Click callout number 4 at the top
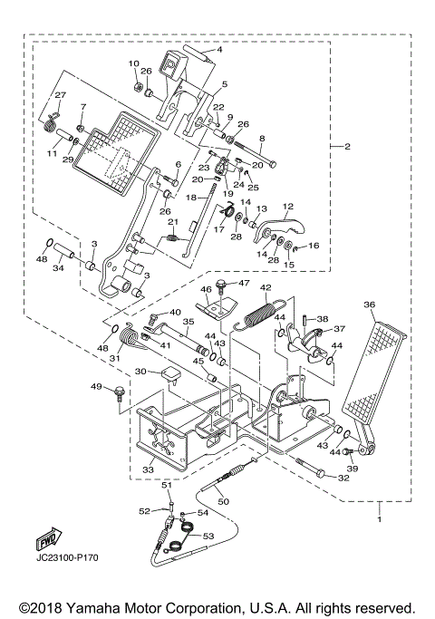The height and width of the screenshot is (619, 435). (x=217, y=52)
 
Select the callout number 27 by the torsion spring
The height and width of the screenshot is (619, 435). (x=61, y=95)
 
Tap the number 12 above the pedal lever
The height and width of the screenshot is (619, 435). (x=288, y=207)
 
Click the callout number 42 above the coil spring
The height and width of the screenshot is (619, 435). (x=266, y=288)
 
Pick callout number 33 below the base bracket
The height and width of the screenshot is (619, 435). (x=149, y=471)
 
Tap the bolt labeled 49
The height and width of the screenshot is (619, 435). (x=118, y=395)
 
